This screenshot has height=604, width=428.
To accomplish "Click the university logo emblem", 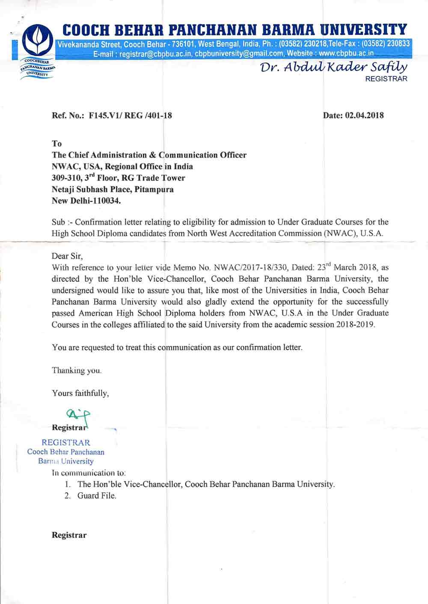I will (x=38, y=41).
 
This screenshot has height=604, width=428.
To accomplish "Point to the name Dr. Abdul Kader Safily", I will (x=334, y=67).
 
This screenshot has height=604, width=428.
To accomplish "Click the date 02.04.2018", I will (x=364, y=115).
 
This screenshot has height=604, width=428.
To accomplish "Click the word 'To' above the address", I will (x=57, y=144).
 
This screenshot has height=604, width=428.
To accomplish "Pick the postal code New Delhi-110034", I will (x=86, y=201).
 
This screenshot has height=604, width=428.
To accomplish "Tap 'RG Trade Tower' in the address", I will (x=153, y=178).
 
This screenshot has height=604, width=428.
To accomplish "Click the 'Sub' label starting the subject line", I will (x=58, y=222).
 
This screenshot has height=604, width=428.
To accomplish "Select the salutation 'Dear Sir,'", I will (x=67, y=256).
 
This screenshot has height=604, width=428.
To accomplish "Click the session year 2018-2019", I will (x=355, y=324).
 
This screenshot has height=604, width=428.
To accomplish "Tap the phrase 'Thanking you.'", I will (x=77, y=370).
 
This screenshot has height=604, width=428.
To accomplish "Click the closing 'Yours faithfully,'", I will (x=80, y=393).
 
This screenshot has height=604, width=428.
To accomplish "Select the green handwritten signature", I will (x=78, y=415).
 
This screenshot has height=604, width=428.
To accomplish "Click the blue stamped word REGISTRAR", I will (x=66, y=443).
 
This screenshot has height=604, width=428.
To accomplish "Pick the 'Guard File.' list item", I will (x=97, y=496).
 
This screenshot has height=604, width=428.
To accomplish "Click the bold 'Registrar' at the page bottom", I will (x=69, y=535).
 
